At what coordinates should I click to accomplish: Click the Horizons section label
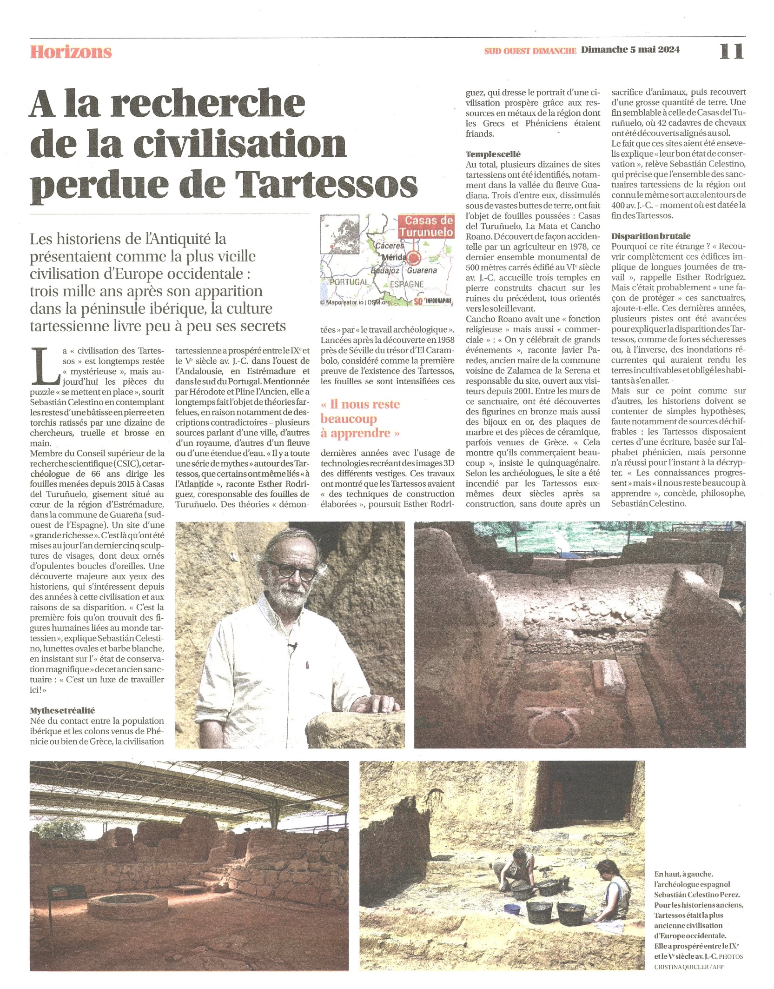coord(71,52)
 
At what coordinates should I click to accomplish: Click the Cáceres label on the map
coord(390,245)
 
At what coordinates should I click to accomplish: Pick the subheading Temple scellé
coord(493,154)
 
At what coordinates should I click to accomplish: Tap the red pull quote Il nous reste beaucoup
coord(361,418)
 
